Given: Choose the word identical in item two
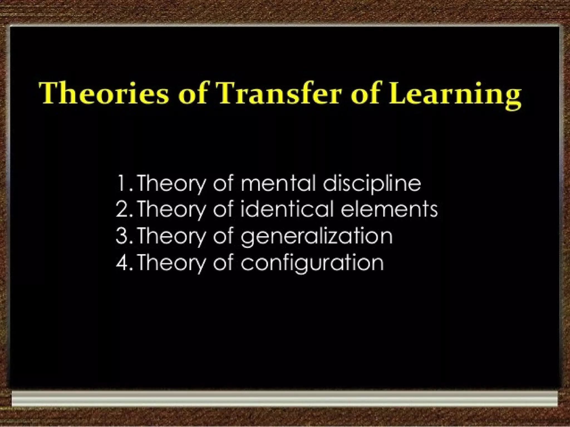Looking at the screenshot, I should pos(287,209).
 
